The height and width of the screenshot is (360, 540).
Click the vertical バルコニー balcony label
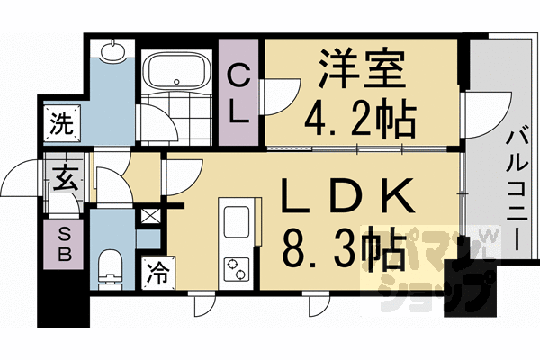pyautogui.click(x=517, y=190)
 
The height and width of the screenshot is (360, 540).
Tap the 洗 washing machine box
pyautogui.click(x=60, y=120)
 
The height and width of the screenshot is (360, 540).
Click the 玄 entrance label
pyautogui.click(x=64, y=176)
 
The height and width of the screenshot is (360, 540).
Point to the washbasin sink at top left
pyautogui.click(x=112, y=51)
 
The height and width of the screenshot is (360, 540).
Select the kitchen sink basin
pyautogui.click(x=238, y=221)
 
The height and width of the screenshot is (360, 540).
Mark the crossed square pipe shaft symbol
pyautogui.click(x=151, y=217)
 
